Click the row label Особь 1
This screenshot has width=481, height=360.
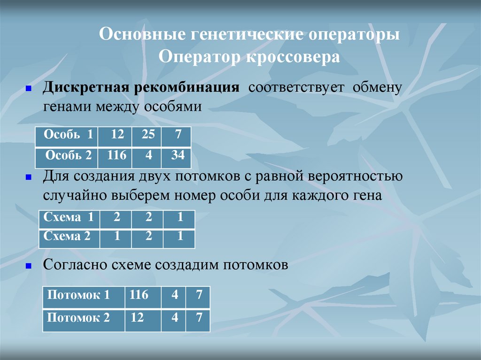66,135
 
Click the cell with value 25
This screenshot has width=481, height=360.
147,135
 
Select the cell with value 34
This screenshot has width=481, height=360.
177,156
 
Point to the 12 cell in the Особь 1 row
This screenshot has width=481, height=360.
116,135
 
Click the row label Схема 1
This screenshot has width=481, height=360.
68,218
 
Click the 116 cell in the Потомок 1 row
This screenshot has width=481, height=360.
139,296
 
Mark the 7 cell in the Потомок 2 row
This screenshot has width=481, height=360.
198,318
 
